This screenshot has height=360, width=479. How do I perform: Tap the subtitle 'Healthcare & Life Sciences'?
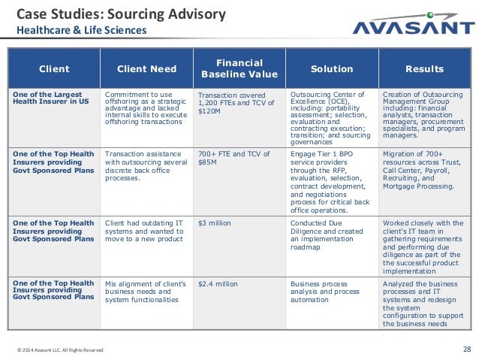82,31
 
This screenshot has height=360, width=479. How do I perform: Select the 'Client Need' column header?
147,69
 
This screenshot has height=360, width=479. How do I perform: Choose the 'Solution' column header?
332,69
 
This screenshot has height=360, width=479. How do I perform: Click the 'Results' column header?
424,69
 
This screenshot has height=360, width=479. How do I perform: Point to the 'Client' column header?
54,69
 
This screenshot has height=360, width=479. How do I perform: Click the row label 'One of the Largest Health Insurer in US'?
50,98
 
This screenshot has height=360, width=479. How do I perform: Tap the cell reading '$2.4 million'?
218,284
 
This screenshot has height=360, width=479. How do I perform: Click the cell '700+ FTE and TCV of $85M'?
232,159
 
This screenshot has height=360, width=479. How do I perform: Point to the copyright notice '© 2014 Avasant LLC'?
60,350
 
